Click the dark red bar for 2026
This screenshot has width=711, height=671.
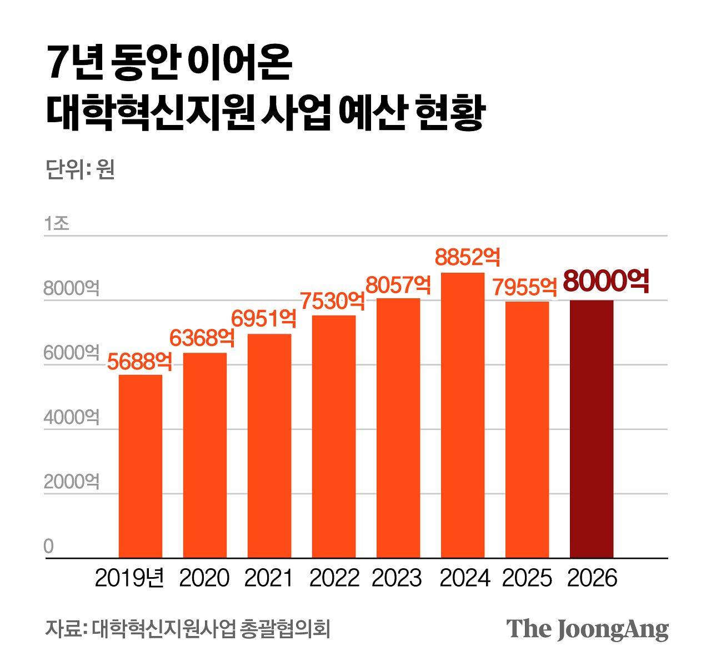click(x=592, y=429)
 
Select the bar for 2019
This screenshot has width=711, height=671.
click(x=141, y=466)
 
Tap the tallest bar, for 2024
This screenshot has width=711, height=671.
click(x=463, y=415)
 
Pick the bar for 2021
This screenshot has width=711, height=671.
click(x=269, y=445)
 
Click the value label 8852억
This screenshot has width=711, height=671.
click(x=468, y=257)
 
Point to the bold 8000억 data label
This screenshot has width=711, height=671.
click(x=606, y=282)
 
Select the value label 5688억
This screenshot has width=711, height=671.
click(x=139, y=362)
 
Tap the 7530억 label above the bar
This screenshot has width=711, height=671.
click(x=333, y=301)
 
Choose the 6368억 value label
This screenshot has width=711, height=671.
click(x=202, y=338)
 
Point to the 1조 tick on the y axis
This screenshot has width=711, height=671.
click(x=57, y=223)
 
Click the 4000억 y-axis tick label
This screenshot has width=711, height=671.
click(x=72, y=417)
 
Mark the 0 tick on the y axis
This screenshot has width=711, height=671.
click(x=49, y=547)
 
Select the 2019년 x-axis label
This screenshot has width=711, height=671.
click(x=130, y=578)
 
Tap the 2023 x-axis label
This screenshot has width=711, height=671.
click(x=397, y=578)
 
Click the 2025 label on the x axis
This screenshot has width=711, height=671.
click(x=527, y=578)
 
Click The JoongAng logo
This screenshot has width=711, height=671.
click(x=587, y=629)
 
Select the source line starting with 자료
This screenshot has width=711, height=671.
click(x=188, y=629)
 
